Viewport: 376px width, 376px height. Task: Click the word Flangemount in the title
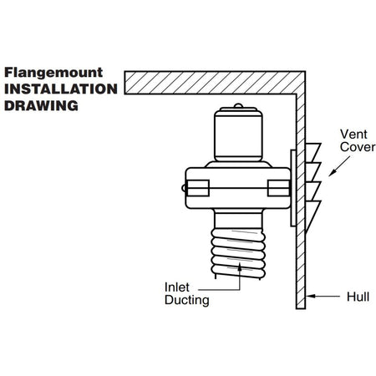(x=53, y=73)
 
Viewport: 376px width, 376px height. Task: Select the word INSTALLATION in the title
(x=61, y=89)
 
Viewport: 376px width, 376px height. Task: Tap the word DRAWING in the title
(x=41, y=106)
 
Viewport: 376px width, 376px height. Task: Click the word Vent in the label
(x=353, y=135)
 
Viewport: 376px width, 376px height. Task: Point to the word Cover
(x=358, y=147)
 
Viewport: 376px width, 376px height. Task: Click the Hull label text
(x=358, y=297)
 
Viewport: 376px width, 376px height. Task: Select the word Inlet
(x=177, y=287)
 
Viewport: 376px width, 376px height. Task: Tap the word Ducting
(x=187, y=300)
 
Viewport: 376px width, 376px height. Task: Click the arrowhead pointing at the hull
(x=310, y=296)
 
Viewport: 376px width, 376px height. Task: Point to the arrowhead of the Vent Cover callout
(x=332, y=173)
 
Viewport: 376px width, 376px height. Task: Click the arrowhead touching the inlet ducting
(x=240, y=266)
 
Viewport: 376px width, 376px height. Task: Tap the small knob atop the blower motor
(x=238, y=105)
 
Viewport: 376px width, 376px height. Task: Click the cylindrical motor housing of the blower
(x=238, y=135)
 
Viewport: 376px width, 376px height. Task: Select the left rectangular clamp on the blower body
(x=198, y=188)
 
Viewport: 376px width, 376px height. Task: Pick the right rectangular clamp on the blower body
(x=278, y=188)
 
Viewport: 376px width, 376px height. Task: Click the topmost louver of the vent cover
(x=312, y=152)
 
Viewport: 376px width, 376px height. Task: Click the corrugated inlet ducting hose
(x=238, y=253)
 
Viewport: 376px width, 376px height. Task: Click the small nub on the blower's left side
(x=183, y=188)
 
